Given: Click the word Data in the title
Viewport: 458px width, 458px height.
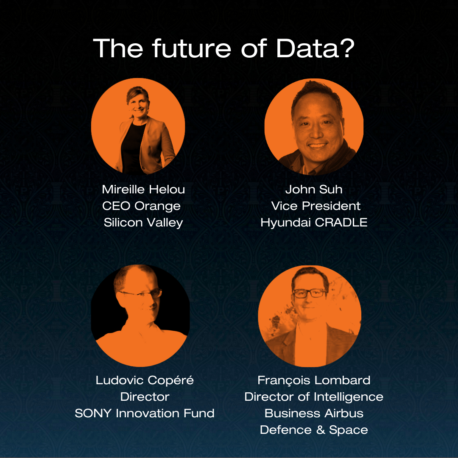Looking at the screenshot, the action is pyautogui.click(x=307, y=48).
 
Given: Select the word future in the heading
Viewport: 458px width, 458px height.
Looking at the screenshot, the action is pyautogui.click(x=192, y=48).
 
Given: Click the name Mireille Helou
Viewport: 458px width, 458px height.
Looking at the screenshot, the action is pyautogui.click(x=143, y=189).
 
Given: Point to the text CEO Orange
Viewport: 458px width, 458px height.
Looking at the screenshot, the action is pyautogui.click(x=141, y=206).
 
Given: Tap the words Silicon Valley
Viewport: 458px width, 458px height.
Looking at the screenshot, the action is pyautogui.click(x=143, y=223).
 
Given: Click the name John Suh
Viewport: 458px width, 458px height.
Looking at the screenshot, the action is pyautogui.click(x=314, y=189).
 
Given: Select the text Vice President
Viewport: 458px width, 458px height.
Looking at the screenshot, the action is pyautogui.click(x=316, y=206).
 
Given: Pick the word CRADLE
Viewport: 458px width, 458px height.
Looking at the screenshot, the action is pyautogui.click(x=341, y=223).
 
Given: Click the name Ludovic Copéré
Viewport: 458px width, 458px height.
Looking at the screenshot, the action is pyautogui.click(x=145, y=380).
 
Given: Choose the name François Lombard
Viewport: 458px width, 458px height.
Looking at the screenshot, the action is pyautogui.click(x=314, y=380).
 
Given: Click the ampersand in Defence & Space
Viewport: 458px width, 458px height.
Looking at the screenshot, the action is pyautogui.click(x=321, y=430).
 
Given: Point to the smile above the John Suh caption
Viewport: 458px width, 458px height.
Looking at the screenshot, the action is pyautogui.click(x=317, y=145).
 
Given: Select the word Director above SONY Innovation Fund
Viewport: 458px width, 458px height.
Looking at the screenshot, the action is pyautogui.click(x=145, y=397).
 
